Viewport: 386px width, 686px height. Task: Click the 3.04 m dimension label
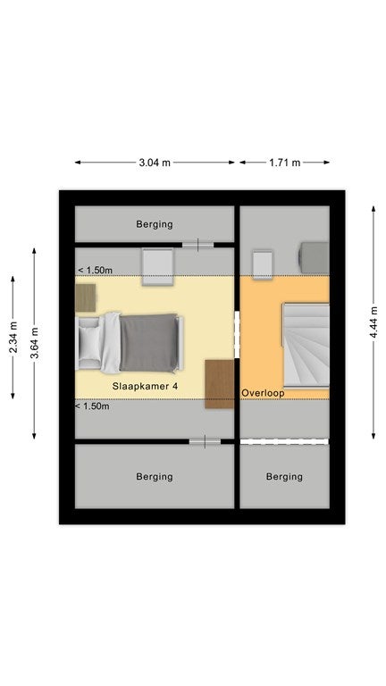[x=155, y=163]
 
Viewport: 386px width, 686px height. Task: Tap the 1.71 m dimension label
[x=284, y=163]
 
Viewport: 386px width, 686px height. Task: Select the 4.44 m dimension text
[x=373, y=322]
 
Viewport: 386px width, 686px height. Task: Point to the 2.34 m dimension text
[x=13, y=337]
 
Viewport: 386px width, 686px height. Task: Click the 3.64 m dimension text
[x=34, y=343]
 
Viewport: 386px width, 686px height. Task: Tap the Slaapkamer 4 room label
[x=145, y=386]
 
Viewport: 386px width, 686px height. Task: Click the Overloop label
[x=263, y=393]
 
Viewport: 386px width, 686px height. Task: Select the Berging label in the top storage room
[x=155, y=224]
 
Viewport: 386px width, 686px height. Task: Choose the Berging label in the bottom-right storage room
[x=284, y=476]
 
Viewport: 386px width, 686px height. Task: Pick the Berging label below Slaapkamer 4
[x=155, y=476]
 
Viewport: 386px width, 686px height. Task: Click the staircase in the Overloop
[x=306, y=345]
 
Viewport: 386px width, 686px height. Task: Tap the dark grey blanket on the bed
[x=148, y=343]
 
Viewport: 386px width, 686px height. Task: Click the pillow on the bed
[x=90, y=343]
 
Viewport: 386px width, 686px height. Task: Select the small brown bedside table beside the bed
[x=86, y=297]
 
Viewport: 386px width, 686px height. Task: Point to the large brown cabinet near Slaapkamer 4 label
[x=219, y=384]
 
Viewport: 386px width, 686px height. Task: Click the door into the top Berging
[x=197, y=245]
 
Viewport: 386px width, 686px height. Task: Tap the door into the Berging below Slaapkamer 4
[x=205, y=442]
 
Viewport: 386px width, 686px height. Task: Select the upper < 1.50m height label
[x=95, y=270]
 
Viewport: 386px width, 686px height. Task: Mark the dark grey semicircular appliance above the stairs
[x=314, y=257]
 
